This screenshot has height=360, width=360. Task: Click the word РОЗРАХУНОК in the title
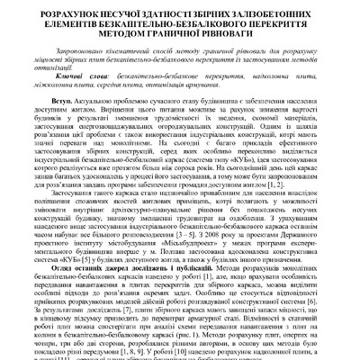(x=71, y=13)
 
